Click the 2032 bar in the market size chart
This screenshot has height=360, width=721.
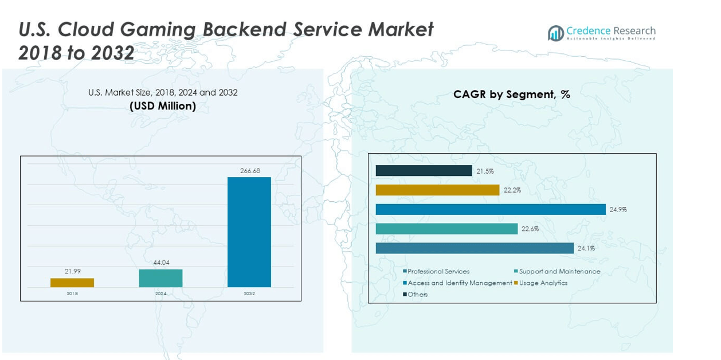[249, 232]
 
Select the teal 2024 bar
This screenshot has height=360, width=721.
[160, 278]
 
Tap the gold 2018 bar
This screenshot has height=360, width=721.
[72, 283]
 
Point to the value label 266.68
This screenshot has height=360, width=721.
[250, 171]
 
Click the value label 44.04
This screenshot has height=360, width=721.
[161, 263]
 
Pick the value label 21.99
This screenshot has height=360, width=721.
[72, 271]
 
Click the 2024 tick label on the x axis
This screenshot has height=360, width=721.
[160, 294]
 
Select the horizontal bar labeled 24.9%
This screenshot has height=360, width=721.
[491, 209]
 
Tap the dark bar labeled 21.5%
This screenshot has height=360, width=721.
[424, 171]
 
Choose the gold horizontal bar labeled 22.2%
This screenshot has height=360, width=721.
[437, 190]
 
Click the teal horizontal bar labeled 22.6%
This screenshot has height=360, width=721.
[446, 229]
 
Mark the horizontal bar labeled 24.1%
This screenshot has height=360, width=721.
[475, 248]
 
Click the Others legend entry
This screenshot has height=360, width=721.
[417, 294]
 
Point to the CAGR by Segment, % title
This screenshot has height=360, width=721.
[511, 95]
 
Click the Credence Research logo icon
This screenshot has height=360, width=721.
[555, 33]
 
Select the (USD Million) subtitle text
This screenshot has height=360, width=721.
[163, 105]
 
